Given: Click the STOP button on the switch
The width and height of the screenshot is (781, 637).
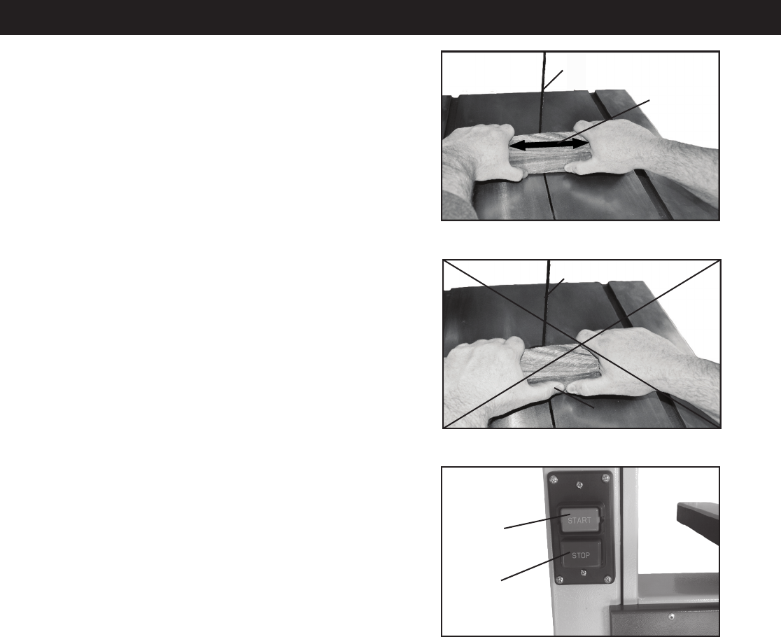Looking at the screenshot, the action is pyautogui.click(x=582, y=555).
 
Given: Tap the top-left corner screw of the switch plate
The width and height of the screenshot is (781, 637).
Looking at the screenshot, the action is pyautogui.click(x=554, y=479).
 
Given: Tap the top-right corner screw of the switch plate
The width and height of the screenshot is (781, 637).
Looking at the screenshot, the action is pyautogui.click(x=605, y=477).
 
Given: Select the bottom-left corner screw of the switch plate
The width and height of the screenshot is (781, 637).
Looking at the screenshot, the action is pyautogui.click(x=559, y=580).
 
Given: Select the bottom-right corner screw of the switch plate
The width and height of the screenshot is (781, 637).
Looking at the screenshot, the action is pyautogui.click(x=607, y=579).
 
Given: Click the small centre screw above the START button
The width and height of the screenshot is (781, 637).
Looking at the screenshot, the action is pyautogui.click(x=579, y=484).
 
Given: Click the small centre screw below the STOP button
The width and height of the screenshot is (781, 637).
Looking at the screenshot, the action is pyautogui.click(x=584, y=573).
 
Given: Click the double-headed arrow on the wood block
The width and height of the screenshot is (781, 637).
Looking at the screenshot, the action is pyautogui.click(x=550, y=145).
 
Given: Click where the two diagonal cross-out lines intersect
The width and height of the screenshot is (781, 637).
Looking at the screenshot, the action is pyautogui.click(x=582, y=344).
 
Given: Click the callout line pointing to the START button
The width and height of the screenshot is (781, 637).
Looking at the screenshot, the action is pyautogui.click(x=537, y=522).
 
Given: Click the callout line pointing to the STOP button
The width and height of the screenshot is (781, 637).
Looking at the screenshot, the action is pyautogui.click(x=535, y=567).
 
